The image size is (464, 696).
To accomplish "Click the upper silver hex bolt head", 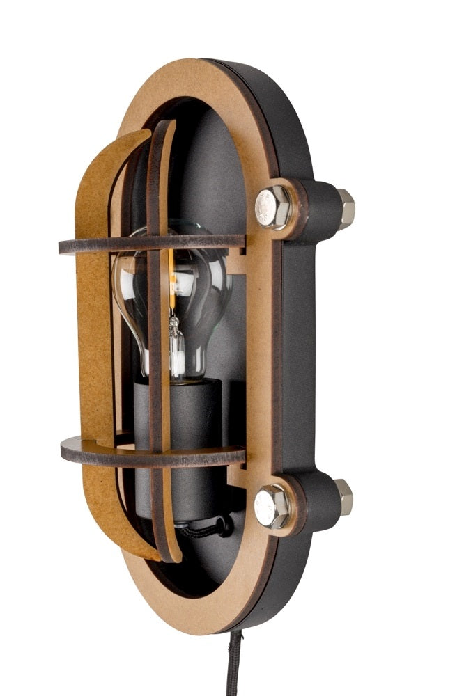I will (272, 207).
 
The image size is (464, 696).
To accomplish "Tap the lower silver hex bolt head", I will (272, 506).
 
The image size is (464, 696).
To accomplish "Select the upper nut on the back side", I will (345, 207).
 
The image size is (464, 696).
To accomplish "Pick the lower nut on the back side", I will (342, 497).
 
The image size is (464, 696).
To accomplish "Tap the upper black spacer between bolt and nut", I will (317, 207).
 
